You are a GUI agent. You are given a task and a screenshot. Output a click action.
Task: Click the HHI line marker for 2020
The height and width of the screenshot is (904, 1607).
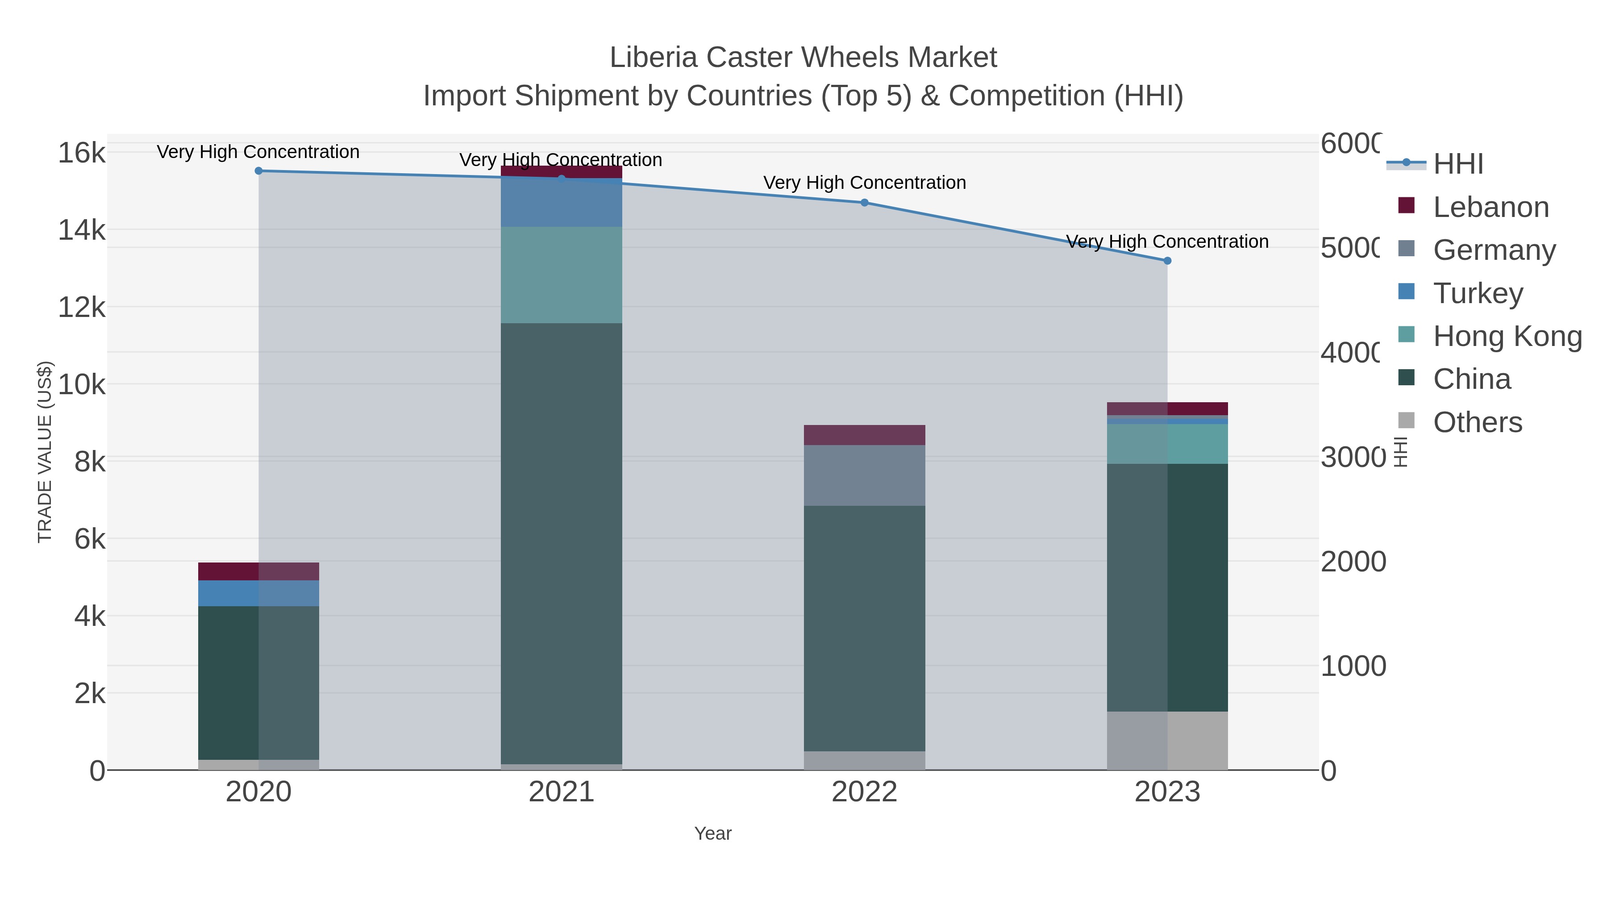tap(258, 171)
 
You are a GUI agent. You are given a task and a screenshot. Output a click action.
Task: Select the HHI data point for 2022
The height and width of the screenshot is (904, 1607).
tap(864, 203)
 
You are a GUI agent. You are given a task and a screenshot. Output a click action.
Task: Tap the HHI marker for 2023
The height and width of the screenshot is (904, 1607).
tap(1167, 261)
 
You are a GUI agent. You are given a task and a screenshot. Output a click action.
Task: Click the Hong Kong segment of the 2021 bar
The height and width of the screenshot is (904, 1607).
tap(562, 275)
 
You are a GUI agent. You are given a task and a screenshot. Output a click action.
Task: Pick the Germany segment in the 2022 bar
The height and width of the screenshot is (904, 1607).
tap(864, 475)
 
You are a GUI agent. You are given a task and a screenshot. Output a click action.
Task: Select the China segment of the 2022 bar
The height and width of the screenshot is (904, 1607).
tap(864, 628)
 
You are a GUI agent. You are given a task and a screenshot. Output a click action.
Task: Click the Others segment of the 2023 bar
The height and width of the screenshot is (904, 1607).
tap(1167, 741)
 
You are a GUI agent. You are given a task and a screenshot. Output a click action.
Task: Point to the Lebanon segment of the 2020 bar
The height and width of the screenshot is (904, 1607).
tap(258, 571)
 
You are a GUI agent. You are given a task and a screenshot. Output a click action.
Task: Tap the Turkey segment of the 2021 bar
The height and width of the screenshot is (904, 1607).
tap(562, 203)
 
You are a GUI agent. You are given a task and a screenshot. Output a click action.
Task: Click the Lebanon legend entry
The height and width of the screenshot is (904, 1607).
tap(1490, 207)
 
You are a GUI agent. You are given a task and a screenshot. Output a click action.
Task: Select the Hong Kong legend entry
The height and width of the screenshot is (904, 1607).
tap(1507, 336)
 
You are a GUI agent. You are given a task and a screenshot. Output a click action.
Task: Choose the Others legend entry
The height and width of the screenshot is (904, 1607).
tap(1477, 422)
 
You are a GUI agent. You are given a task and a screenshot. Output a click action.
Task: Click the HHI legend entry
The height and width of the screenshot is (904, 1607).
tap(1457, 164)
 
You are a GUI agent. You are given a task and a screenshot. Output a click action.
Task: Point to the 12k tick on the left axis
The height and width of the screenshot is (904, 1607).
tap(82, 308)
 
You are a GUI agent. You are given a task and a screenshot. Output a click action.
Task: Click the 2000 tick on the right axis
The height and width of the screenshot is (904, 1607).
tap(1353, 562)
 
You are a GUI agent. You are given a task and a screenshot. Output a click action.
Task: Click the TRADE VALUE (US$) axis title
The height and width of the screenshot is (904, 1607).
tap(45, 452)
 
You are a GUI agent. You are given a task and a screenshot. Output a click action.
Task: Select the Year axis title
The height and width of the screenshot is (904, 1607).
tap(712, 833)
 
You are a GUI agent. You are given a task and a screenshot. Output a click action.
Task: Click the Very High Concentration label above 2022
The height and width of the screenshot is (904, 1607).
tap(864, 183)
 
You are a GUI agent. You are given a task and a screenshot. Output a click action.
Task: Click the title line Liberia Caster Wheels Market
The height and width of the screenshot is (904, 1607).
tap(803, 58)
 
